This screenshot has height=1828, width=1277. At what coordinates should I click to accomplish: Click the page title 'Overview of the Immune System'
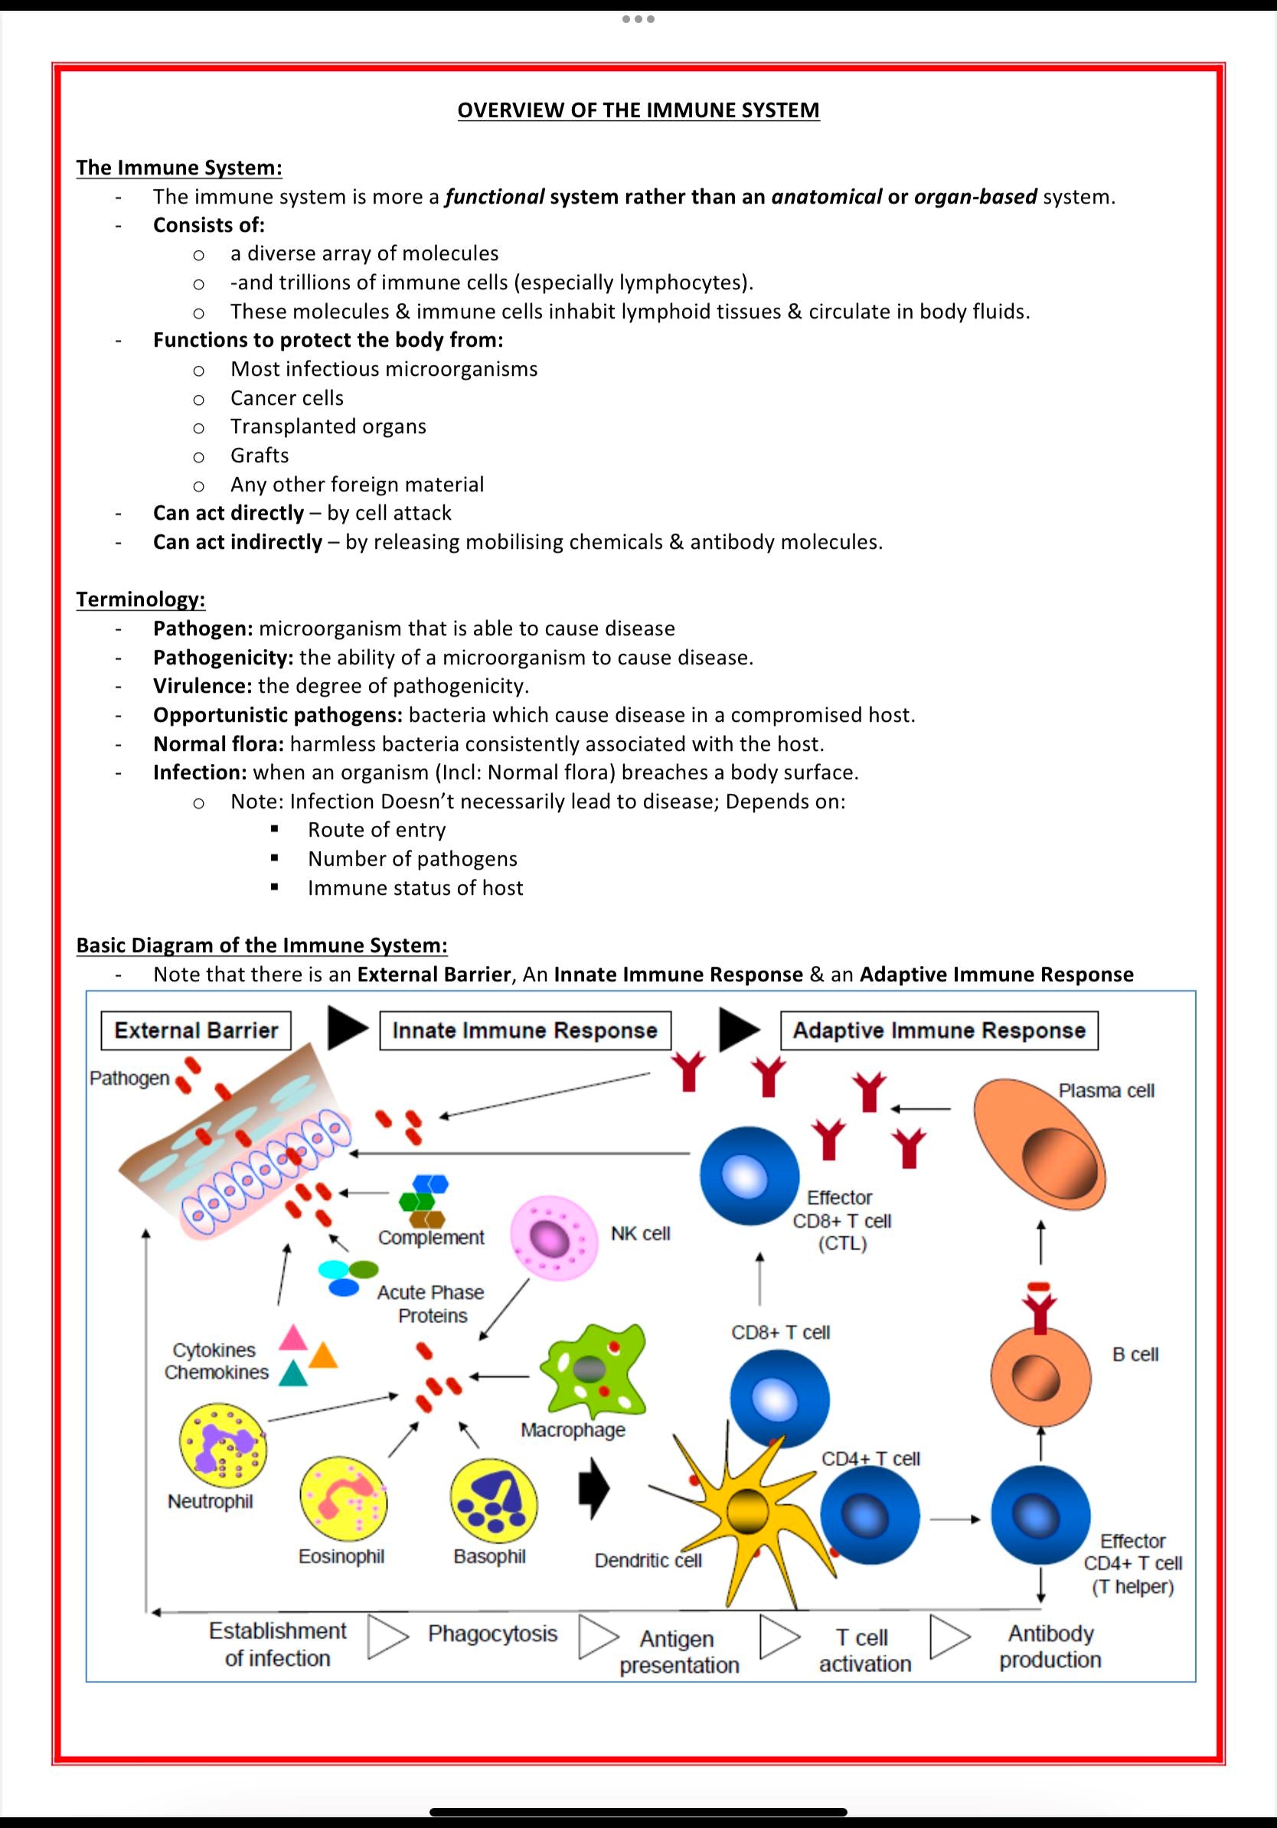(638, 110)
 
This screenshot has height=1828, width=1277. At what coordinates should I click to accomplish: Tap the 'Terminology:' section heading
(140, 599)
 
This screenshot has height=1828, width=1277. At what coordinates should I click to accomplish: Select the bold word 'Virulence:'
(202, 686)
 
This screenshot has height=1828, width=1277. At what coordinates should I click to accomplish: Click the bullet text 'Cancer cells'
(286, 397)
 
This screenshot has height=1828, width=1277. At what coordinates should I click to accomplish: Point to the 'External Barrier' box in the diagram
(196, 1030)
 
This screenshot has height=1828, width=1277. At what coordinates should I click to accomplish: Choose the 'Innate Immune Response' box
(524, 1030)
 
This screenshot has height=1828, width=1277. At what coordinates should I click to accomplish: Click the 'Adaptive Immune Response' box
(939, 1030)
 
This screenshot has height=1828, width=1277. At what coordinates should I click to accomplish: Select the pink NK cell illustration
(553, 1239)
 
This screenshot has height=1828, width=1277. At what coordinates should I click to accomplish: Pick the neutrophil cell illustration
(223, 1445)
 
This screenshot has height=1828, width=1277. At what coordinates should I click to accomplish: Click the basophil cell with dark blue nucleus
(494, 1502)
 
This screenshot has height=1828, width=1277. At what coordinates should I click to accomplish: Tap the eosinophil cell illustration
(343, 1501)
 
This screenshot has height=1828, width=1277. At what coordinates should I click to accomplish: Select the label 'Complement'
(431, 1237)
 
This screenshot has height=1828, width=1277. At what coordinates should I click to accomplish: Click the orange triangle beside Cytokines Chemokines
(323, 1355)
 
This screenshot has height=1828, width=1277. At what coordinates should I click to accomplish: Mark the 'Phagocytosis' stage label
(492, 1634)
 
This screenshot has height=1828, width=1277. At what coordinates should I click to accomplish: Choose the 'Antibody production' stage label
(1050, 1647)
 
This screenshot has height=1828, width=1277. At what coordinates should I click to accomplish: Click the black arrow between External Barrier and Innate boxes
(347, 1030)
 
